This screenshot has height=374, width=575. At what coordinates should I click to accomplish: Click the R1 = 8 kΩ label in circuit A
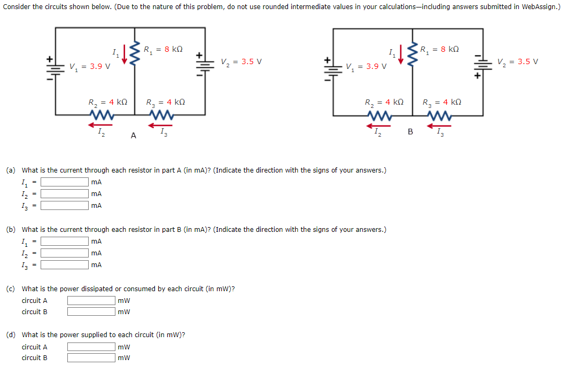coord(163,49)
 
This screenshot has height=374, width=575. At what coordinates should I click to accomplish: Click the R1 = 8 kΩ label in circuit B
coord(439,50)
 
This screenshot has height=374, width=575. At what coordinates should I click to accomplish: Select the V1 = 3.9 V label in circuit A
coord(90,66)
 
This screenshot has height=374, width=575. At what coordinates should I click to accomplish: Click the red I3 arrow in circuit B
coord(438,126)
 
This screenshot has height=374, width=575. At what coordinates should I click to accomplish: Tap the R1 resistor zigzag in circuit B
coord(412,55)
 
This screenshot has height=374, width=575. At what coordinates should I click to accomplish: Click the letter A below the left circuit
coord(133,136)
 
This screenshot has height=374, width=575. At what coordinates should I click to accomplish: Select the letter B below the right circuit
coord(410,131)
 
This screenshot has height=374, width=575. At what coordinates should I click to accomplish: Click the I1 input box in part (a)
coord(65,182)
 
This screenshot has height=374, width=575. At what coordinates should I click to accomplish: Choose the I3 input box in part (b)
coord(65,265)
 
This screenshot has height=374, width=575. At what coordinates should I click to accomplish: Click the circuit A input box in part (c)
coord(91,301)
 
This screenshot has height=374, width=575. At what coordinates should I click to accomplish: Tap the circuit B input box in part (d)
coord(91,358)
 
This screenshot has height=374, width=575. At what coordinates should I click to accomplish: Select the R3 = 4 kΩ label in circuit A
coord(166,102)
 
